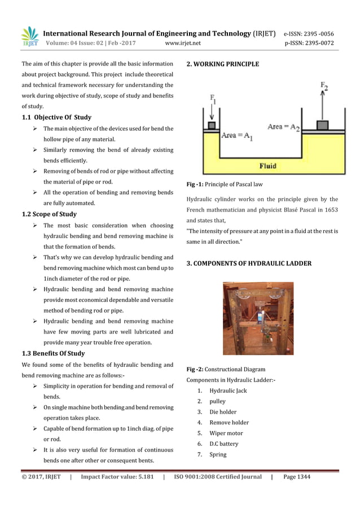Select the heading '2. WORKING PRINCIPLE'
click(223, 64)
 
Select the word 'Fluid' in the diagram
click(267, 166)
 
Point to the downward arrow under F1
click(212, 113)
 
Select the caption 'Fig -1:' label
click(195, 185)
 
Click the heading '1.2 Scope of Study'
click(49, 214)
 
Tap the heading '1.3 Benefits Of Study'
click(53, 353)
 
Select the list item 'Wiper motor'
click(226, 433)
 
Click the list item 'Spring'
click(218, 454)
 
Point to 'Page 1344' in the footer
click(297, 477)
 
